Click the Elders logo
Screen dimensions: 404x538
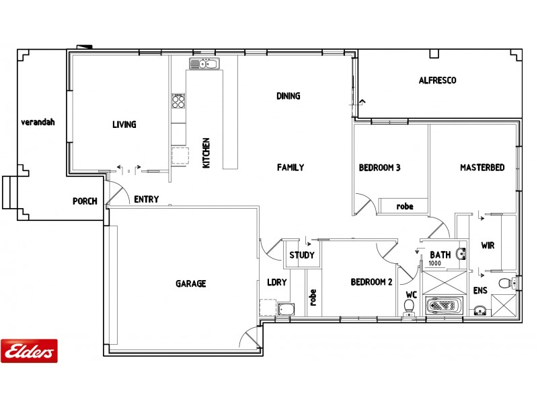click(29, 350)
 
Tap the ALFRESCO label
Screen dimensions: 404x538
click(437, 80)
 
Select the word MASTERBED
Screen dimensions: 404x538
click(482, 168)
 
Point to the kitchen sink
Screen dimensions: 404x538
click(203, 64)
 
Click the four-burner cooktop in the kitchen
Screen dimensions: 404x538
click(178, 101)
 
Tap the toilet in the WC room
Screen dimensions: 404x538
click(408, 307)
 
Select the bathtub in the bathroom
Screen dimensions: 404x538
click(445, 306)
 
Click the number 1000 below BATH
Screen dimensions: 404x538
click(435, 264)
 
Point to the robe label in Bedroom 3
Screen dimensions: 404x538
click(404, 207)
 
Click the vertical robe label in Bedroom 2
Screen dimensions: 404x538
click(313, 297)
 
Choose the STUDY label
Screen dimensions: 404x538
click(301, 255)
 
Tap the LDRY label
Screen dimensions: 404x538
click(276, 283)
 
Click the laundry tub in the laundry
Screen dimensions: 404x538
click(285, 310)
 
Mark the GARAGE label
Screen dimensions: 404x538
click(191, 283)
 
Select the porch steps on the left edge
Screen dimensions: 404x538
click(9, 193)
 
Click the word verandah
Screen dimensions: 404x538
click(37, 123)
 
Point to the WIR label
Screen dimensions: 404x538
click(488, 246)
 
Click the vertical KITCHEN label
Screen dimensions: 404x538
click(207, 153)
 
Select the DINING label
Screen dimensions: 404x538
click(288, 96)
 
